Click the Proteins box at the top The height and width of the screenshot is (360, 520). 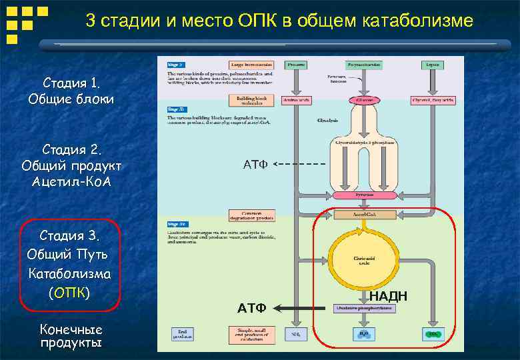point(296,65)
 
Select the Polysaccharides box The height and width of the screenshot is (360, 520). point(363,65)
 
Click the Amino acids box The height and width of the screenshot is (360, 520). point(296,100)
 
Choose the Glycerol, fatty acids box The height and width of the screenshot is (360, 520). point(433,100)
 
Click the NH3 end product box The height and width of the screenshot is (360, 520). point(296,333)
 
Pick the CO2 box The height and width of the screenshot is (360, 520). point(433,333)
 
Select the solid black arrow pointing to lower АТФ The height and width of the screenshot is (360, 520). point(303,308)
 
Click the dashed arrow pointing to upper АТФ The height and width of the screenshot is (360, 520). point(300,164)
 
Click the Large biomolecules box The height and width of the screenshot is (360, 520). point(246,65)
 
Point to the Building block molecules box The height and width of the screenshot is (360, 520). point(246,100)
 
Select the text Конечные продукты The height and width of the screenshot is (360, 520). point(71,337)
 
